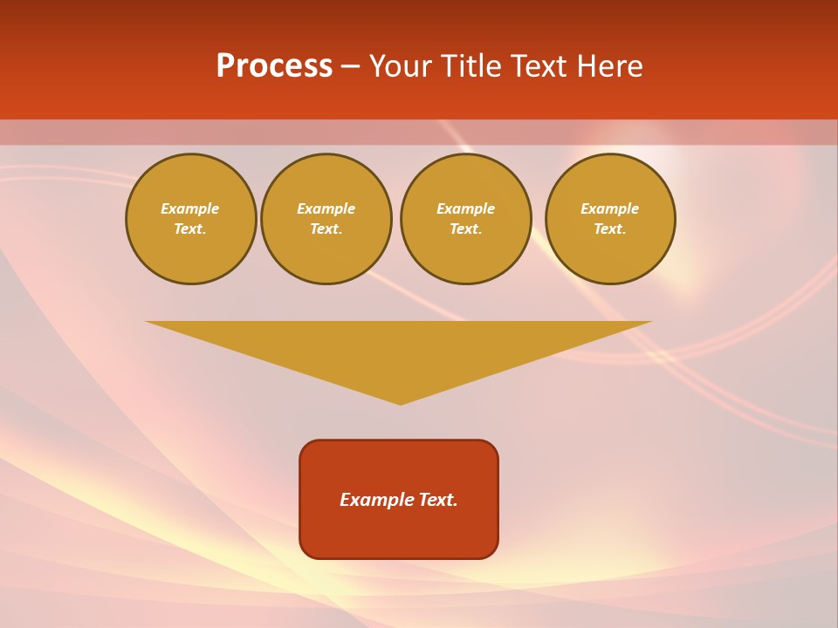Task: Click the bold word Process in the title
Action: pyautogui.click(x=274, y=66)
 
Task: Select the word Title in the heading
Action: pyautogui.click(x=472, y=66)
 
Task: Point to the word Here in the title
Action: pyautogui.click(x=610, y=66)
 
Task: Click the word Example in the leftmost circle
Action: pyautogui.click(x=190, y=208)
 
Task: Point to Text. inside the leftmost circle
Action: pyautogui.click(x=190, y=229)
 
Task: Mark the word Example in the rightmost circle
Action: pyautogui.click(x=610, y=208)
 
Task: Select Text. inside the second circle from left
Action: pyautogui.click(x=326, y=229)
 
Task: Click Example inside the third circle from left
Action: pyautogui.click(x=466, y=208)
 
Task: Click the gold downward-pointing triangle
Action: pyautogui.click(x=399, y=349)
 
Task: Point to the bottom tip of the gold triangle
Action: pyautogui.click(x=400, y=402)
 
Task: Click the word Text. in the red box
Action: pyautogui.click(x=439, y=500)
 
